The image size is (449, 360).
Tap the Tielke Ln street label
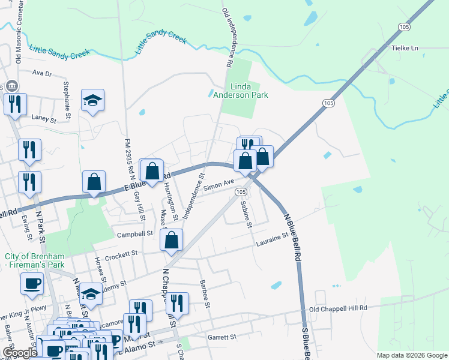pos(404,48)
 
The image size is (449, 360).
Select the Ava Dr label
pos(42,73)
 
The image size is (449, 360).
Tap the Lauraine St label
pos(273,240)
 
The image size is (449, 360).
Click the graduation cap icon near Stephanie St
pos(93,100)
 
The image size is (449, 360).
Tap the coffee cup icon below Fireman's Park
pos(31,283)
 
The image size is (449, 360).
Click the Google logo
pos(19,353)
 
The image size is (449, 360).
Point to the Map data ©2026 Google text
pos(411,355)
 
